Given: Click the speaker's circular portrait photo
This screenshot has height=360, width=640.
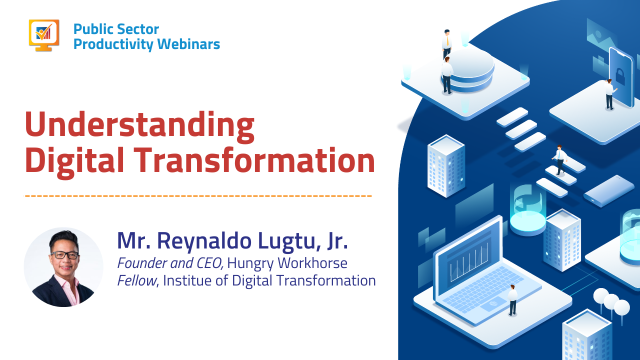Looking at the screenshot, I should tap(63, 267).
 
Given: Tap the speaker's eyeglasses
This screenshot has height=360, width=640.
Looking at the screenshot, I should tap(64, 254).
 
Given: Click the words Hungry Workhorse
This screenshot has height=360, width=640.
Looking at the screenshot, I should tap(287, 262).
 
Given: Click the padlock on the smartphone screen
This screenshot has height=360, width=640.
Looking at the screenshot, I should tap(620, 76).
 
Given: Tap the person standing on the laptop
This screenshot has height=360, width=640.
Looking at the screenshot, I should tap(512, 299).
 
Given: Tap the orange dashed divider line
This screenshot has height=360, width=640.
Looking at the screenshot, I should tap(198, 195).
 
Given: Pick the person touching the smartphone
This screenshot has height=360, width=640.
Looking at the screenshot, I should tap(609, 94).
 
